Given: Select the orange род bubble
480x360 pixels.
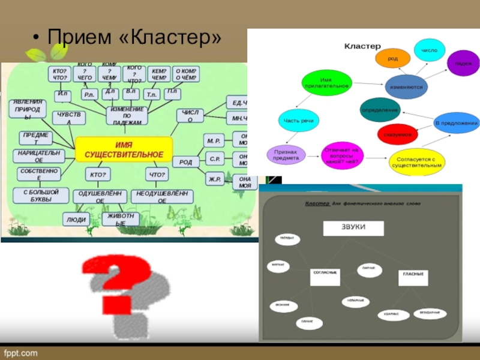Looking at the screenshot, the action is point(393,58).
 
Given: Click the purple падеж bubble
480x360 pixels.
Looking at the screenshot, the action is point(463,63).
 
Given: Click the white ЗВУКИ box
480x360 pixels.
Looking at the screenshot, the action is point(353,228).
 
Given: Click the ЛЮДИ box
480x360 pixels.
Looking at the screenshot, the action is point(76,220).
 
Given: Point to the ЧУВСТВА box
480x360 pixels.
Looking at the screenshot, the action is point(69,118).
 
